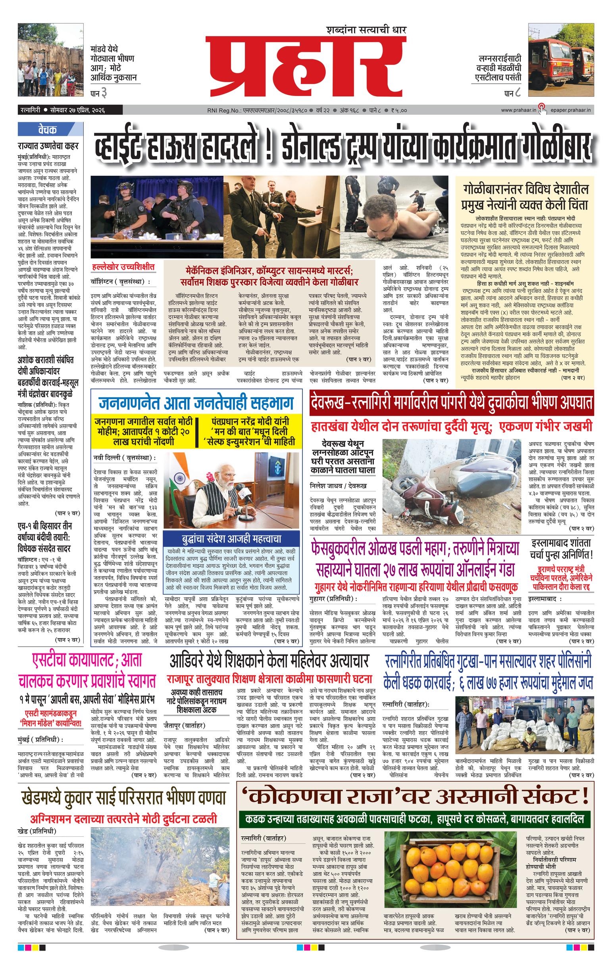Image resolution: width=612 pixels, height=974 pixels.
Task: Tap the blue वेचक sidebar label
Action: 48,130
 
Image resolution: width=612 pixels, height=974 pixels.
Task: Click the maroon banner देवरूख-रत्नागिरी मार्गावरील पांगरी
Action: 451,402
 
